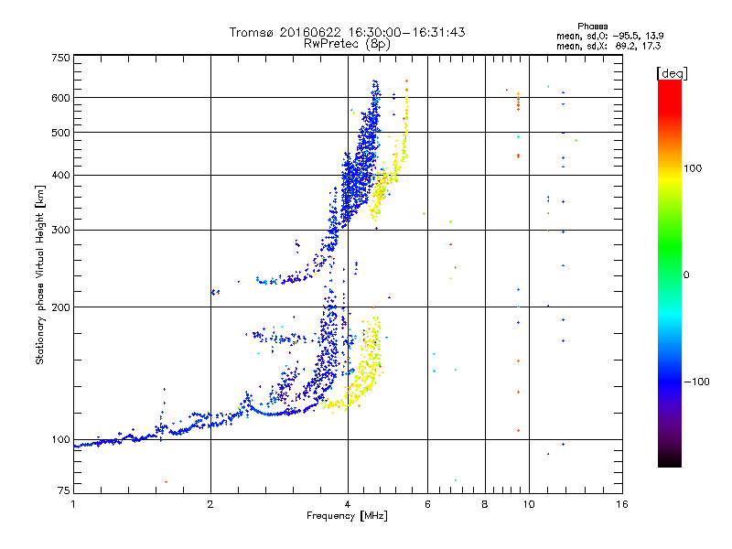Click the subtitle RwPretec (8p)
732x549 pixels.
pos(347,44)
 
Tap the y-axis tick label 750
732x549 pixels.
pos(61,58)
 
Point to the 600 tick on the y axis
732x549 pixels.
pos(61,98)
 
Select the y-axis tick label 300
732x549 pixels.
pos(61,230)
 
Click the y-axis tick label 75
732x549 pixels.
pos(64,490)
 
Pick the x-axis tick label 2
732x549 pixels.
pos(210,504)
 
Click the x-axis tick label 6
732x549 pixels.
pos(427,504)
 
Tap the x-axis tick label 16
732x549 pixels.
pos(622,504)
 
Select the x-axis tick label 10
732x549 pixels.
pos(529,504)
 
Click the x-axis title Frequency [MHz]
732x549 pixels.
pos(348,516)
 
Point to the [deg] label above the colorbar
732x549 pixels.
pos(672,73)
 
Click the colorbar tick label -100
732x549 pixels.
pos(696,382)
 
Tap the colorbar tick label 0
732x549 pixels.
pos(686,275)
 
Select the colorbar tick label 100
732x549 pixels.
pos(693,168)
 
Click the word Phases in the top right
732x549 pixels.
pos(592,27)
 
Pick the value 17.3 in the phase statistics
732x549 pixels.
pos(651,46)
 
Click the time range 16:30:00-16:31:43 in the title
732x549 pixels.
pos(406,32)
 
